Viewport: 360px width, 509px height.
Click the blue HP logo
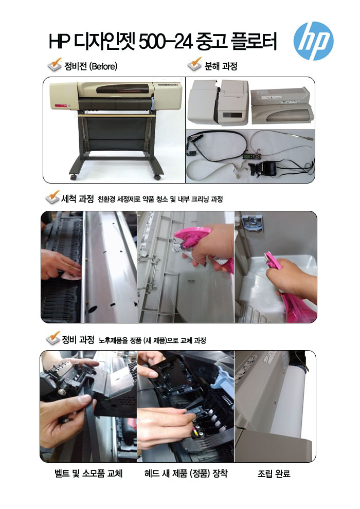click(x=313, y=41)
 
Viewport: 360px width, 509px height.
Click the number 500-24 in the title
click(x=166, y=42)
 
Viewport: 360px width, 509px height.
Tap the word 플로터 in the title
click(x=254, y=42)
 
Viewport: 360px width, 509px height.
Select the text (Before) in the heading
click(x=103, y=66)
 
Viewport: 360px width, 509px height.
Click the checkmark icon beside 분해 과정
click(x=194, y=64)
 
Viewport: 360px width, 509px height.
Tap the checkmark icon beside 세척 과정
click(x=53, y=197)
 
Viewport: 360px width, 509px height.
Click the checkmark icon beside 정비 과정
click(x=53, y=338)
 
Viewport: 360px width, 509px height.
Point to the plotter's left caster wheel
click(x=74, y=177)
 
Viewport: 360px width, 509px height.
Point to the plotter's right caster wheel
click(x=157, y=177)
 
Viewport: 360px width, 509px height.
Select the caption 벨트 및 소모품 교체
click(x=88, y=474)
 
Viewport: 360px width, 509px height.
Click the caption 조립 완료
click(x=274, y=474)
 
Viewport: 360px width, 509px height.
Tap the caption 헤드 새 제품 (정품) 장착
click(x=186, y=474)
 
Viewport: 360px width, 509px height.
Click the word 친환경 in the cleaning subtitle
click(x=106, y=199)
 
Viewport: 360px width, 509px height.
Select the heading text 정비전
click(x=76, y=66)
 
